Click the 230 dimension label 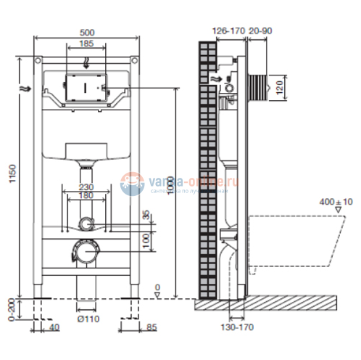pos(85,186)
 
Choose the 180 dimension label pos(85,195)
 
